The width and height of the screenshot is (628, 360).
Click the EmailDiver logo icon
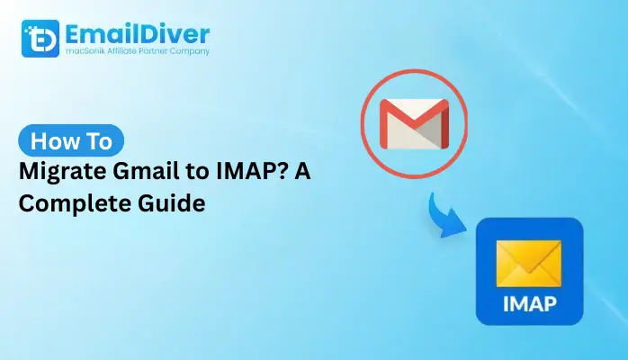[x=39, y=39]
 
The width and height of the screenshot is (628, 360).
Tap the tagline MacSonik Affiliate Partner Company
[x=134, y=52]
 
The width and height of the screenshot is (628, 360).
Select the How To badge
[x=72, y=141]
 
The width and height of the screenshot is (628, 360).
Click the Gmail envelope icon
[x=413, y=123]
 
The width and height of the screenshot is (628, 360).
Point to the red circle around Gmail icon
[x=364, y=123]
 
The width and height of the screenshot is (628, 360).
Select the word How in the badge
[x=52, y=141]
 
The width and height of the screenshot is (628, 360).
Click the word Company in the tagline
[x=190, y=52]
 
